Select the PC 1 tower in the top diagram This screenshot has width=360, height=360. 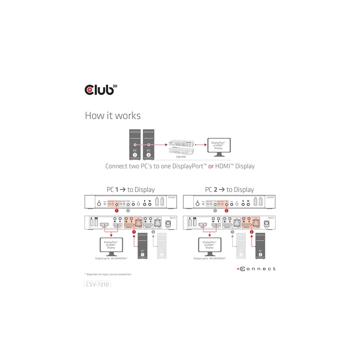pos(135,144)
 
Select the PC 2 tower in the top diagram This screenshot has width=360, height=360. pos(149,144)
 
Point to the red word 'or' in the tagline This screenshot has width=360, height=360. pos(211,166)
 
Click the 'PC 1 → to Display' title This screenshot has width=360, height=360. pos(131,190)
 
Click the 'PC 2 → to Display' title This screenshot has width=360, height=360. pos(229,190)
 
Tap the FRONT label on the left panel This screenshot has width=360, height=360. pos(172,198)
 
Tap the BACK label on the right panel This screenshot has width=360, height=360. pos(271,218)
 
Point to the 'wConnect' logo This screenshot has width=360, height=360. pos(256,269)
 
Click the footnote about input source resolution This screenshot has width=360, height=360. pos(108,274)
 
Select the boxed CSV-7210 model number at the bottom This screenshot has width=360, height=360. pos(97,284)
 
